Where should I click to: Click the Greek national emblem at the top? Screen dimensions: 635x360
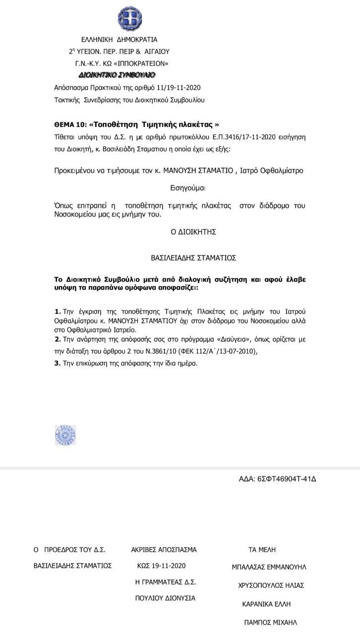(x=129, y=19)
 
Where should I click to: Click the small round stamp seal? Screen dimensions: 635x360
(x=65, y=435)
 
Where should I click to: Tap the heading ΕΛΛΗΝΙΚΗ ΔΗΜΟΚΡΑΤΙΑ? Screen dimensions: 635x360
(x=119, y=40)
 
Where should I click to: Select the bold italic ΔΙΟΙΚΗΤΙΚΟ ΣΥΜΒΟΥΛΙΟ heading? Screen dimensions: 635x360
(x=117, y=75)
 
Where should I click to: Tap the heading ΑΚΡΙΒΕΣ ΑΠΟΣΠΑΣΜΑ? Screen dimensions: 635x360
(x=164, y=550)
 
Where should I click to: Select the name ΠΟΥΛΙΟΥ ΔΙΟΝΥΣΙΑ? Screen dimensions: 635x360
(x=165, y=598)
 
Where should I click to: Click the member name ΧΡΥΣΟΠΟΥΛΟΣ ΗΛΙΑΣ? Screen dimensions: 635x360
(x=271, y=585)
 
